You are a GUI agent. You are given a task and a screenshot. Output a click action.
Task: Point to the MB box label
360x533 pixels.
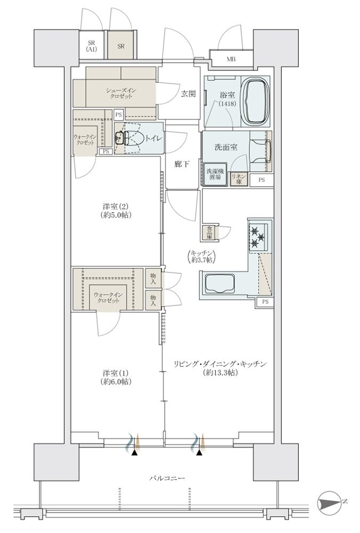[232, 59]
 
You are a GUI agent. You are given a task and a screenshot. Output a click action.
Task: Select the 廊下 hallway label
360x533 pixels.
[182, 164]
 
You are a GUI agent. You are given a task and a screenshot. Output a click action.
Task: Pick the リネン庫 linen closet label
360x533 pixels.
[238, 178]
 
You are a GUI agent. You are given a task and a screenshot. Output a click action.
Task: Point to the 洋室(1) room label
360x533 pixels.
[115, 377]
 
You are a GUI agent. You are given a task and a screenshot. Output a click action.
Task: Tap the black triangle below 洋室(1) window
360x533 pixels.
[135, 453]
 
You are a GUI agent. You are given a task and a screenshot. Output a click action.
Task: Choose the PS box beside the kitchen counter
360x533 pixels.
[265, 302]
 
